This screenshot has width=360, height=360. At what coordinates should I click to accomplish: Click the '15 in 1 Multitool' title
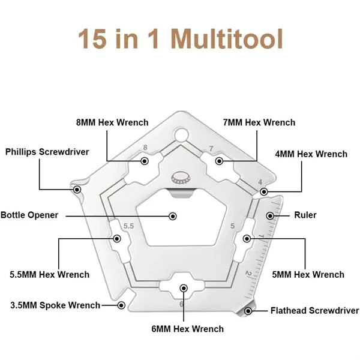pos(180,38)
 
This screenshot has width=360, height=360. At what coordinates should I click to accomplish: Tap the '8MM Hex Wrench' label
pos(112,122)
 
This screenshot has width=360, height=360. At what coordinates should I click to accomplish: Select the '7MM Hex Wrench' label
pos(259,122)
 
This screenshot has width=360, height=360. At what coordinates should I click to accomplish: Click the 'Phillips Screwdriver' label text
pos(47,152)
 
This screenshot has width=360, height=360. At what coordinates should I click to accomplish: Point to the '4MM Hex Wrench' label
pos(311,154)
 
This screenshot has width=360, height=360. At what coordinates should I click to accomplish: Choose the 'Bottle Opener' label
pos(29,215)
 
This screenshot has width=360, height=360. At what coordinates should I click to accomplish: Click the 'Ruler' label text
pos(305,215)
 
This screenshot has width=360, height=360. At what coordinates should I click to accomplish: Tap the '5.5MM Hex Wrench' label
pos(50,275)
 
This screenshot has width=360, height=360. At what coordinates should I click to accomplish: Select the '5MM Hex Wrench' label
pos(308,275)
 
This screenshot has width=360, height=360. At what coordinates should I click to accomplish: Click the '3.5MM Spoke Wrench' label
pos(55,305)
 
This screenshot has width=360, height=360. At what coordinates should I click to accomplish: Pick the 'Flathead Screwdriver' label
pos(314,311)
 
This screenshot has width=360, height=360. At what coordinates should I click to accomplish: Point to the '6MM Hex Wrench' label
pos(188,329)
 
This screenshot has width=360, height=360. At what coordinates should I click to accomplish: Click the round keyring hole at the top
pos(181,135)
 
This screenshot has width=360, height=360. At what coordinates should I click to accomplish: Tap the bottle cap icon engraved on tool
pos(181,178)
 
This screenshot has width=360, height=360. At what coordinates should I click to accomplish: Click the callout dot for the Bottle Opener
pos(173,216)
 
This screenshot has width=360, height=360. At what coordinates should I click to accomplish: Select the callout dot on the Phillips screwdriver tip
pos(77,190)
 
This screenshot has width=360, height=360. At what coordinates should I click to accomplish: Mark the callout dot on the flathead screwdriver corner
pos(248,311)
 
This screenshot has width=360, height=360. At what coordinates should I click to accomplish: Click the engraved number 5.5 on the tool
pos(128,226)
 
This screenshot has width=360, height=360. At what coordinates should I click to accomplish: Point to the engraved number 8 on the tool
pos(145,148)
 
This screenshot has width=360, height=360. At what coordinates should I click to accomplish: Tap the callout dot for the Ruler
pos(270,216)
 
